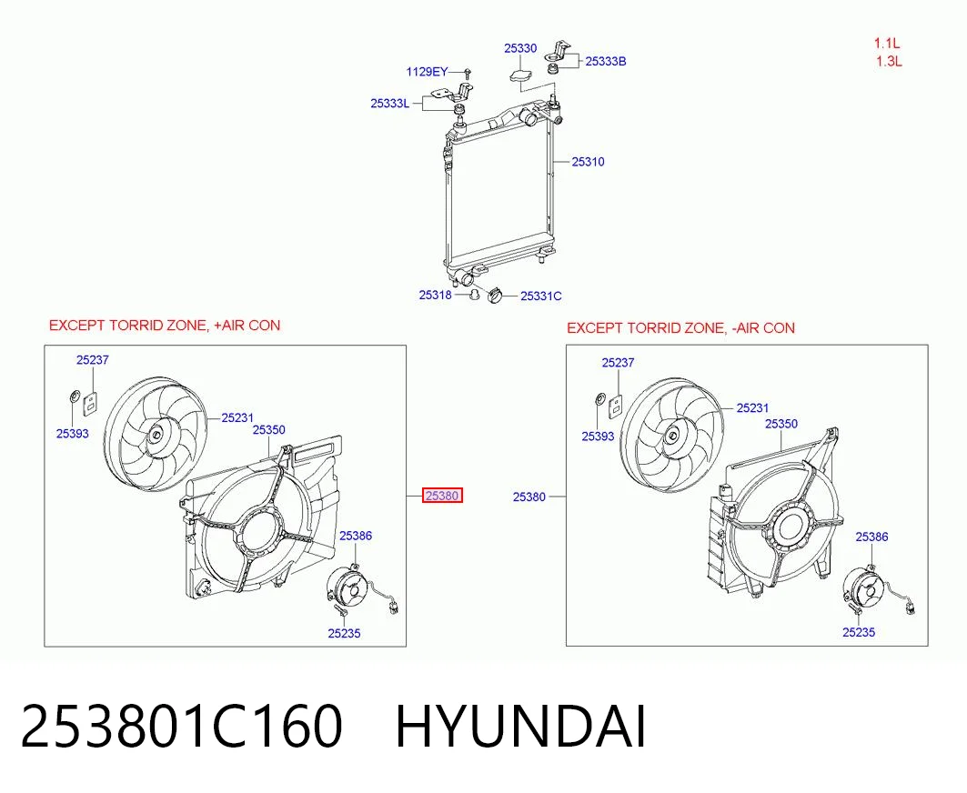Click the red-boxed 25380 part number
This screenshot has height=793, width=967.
click(442, 495)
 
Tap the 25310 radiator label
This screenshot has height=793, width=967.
click(588, 162)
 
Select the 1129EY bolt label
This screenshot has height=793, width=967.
click(427, 72)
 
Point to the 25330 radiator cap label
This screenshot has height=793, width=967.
click(519, 48)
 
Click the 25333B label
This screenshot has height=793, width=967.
click(606, 61)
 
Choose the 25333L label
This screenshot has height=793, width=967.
click(389, 103)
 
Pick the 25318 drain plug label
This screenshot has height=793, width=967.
click(436, 295)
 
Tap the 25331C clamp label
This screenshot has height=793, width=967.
click(541, 296)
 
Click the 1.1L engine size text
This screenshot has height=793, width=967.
click(886, 43)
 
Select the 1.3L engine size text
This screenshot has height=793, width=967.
click(890, 62)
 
